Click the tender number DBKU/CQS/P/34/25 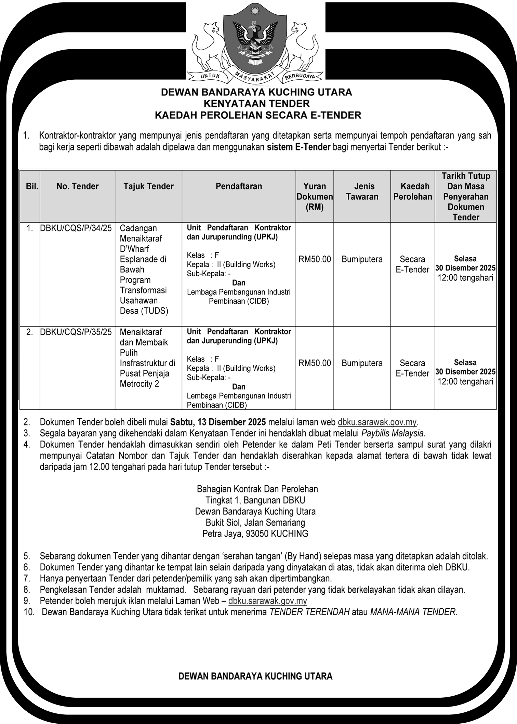coord(76,228)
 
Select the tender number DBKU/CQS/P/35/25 coord(76,332)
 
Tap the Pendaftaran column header coord(239,186)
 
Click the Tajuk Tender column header coord(148,186)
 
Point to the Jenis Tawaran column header coord(362,192)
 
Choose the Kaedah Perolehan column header coord(413,192)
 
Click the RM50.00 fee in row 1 coord(315,259)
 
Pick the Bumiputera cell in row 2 coord(362,363)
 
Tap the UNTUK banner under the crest coord(210,76)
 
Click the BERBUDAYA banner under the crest coord(300,76)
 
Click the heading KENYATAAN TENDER coord(256,104)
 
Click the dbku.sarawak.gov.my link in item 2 coord(377,422)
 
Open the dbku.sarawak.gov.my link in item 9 coord(267,601)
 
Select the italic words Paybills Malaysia coord(393,433)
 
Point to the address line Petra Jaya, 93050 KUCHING coord(255,534)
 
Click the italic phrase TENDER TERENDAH coord(309,612)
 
